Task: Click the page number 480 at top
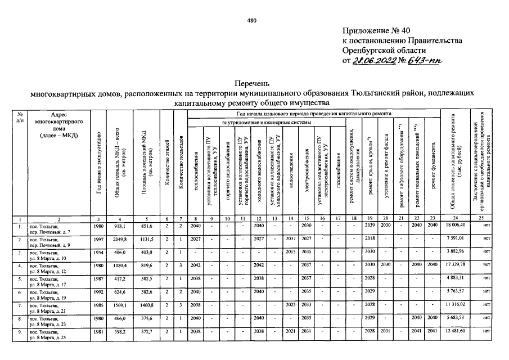point(251,21)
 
